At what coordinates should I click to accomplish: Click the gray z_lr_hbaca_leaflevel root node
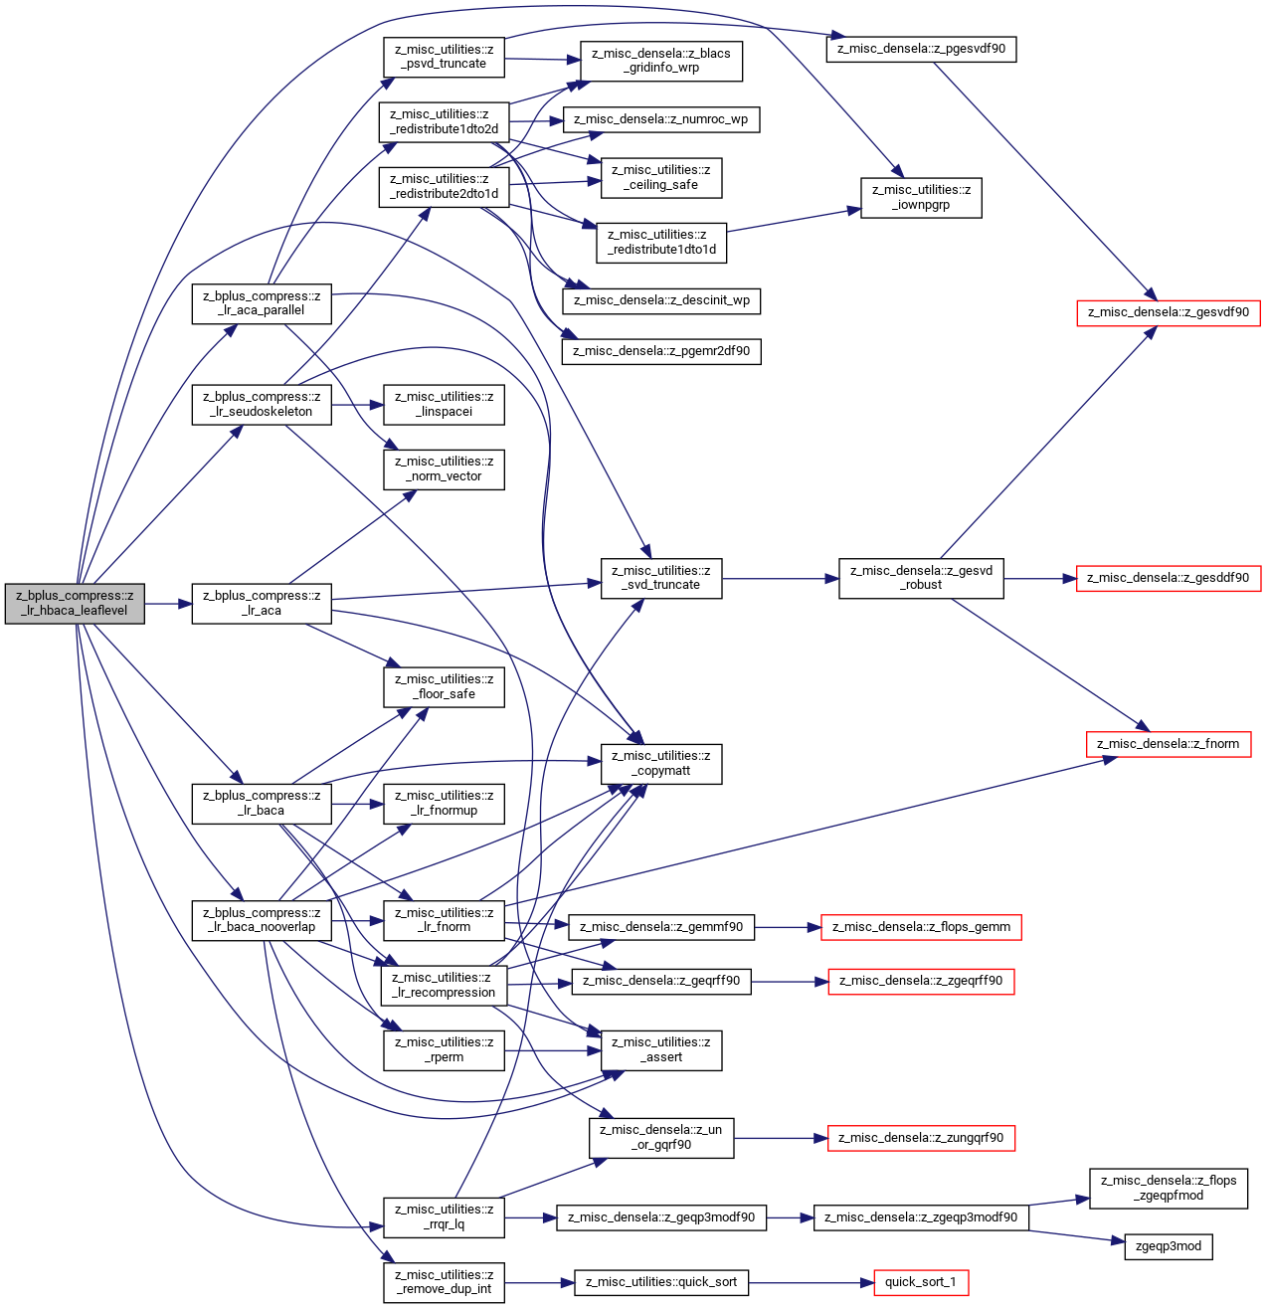[x=75, y=604]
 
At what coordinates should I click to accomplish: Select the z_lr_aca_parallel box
[x=262, y=303]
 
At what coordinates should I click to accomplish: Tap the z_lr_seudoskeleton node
[x=262, y=404]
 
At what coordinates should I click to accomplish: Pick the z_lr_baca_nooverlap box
[x=262, y=920]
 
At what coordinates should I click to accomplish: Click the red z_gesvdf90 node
[x=1169, y=312]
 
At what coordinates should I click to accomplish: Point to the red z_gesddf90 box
[x=1169, y=579]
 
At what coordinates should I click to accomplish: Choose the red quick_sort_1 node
[x=921, y=1282]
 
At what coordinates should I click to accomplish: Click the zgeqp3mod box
[x=1169, y=1246]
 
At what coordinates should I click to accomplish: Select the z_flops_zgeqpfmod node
[x=1169, y=1189]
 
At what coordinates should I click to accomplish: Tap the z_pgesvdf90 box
[x=921, y=49]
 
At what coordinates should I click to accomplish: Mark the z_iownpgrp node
[x=921, y=198]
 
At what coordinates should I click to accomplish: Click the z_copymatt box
[x=661, y=764]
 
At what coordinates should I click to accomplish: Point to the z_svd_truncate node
[x=661, y=579]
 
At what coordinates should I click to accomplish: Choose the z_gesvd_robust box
[x=921, y=579]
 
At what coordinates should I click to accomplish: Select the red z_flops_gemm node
[x=921, y=928]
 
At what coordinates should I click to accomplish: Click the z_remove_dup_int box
[x=444, y=1283]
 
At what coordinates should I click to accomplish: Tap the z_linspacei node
[x=444, y=404]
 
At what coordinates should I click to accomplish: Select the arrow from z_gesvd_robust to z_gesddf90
[x=1040, y=579]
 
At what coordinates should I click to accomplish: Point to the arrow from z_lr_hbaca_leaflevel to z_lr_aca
[x=168, y=604]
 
